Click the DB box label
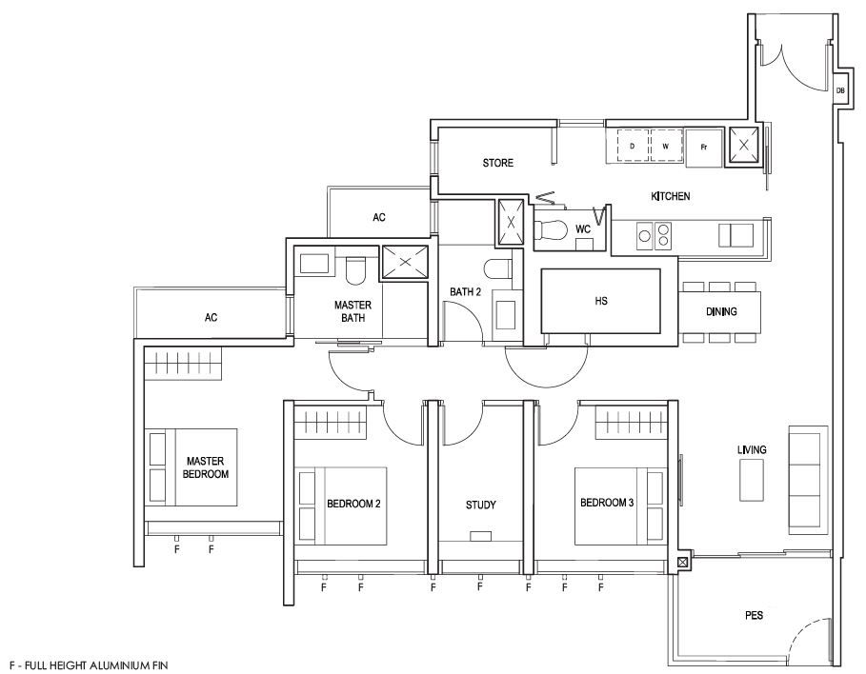[x=839, y=90]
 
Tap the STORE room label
[x=497, y=163]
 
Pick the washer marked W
[x=666, y=146]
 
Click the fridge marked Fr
[x=704, y=148]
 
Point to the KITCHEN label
[x=670, y=196]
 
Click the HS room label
[x=601, y=301]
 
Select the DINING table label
[x=721, y=312]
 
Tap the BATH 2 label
[x=465, y=292]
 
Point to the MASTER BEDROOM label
[x=206, y=467]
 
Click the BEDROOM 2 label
[x=353, y=504]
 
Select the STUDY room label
[x=480, y=505]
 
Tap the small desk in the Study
[x=480, y=536]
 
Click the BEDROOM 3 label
[x=607, y=503]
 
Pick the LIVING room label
[x=752, y=450]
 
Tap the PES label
[x=754, y=615]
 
